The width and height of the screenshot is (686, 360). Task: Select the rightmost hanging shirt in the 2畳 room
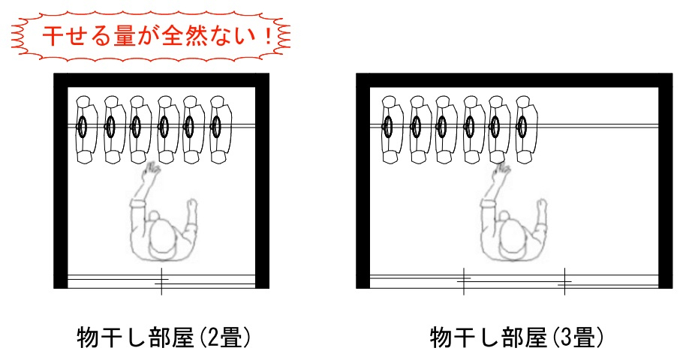click(x=218, y=128)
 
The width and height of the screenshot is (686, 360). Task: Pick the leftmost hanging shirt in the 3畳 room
click(x=389, y=128)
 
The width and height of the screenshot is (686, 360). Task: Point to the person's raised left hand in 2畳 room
click(x=152, y=174)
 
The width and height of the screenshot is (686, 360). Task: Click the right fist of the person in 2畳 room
click(x=192, y=204)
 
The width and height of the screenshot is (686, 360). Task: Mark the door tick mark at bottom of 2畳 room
click(x=161, y=281)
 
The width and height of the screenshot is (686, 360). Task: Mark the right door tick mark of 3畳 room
click(x=564, y=282)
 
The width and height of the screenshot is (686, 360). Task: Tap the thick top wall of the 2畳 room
click(x=161, y=80)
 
